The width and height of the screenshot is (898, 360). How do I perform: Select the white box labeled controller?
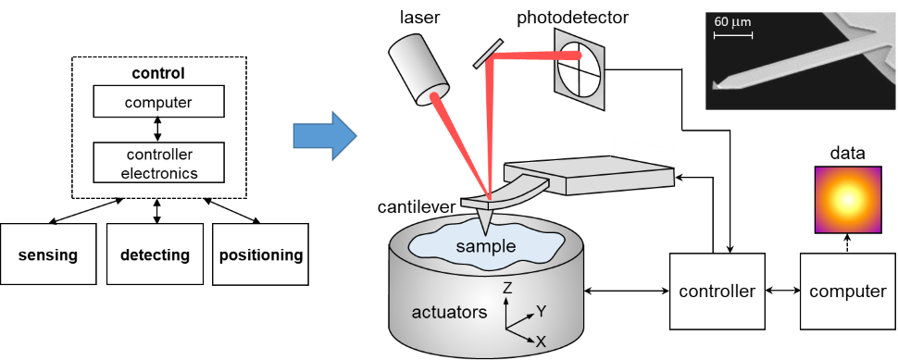pyautogui.click(x=717, y=291)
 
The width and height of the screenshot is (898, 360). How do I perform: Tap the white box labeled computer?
pyautogui.click(x=847, y=291)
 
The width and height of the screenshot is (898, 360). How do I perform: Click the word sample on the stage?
pyautogui.click(x=485, y=245)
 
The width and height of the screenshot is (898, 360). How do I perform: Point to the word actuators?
pyautogui.click(x=449, y=312)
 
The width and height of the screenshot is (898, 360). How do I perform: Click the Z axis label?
pyautogui.click(x=507, y=289)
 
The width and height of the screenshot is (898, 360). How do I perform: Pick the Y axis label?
pyautogui.click(x=542, y=311)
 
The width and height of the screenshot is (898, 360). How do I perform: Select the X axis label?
pyautogui.click(x=541, y=341)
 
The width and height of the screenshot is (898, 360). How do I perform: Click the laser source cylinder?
pyautogui.click(x=417, y=68)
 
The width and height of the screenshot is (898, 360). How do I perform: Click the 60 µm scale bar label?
pyautogui.click(x=731, y=20)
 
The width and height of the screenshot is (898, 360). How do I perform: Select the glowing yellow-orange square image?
pyautogui.click(x=847, y=200)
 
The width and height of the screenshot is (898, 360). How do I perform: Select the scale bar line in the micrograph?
pyautogui.click(x=732, y=35)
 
